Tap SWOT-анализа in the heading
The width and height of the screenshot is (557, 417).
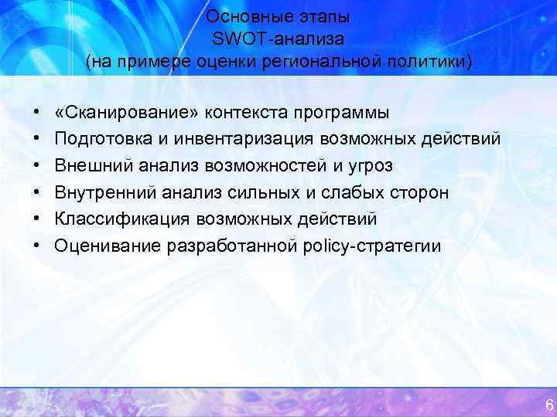(x=278, y=39)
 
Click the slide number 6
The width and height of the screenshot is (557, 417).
(x=548, y=405)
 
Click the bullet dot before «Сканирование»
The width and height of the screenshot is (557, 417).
(x=37, y=114)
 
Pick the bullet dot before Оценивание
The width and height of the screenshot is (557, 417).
(x=37, y=246)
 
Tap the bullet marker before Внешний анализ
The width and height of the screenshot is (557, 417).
(x=37, y=166)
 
